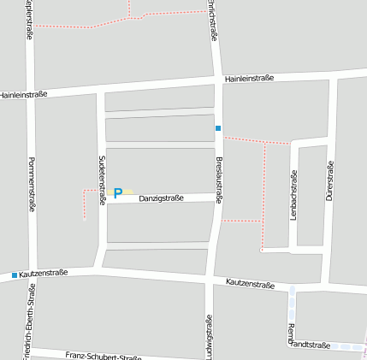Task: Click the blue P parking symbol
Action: (x=118, y=193)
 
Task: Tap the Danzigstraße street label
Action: (x=162, y=198)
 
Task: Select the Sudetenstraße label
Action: (x=101, y=179)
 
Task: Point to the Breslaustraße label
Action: (x=219, y=179)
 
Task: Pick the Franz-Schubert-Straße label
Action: (x=103, y=355)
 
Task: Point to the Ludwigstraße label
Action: (x=208, y=337)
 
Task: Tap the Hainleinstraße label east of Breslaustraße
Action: (x=250, y=79)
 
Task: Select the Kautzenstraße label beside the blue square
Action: (x=43, y=274)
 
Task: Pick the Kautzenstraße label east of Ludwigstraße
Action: (x=250, y=283)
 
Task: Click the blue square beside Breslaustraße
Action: (x=218, y=128)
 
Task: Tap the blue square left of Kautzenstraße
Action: (x=15, y=274)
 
